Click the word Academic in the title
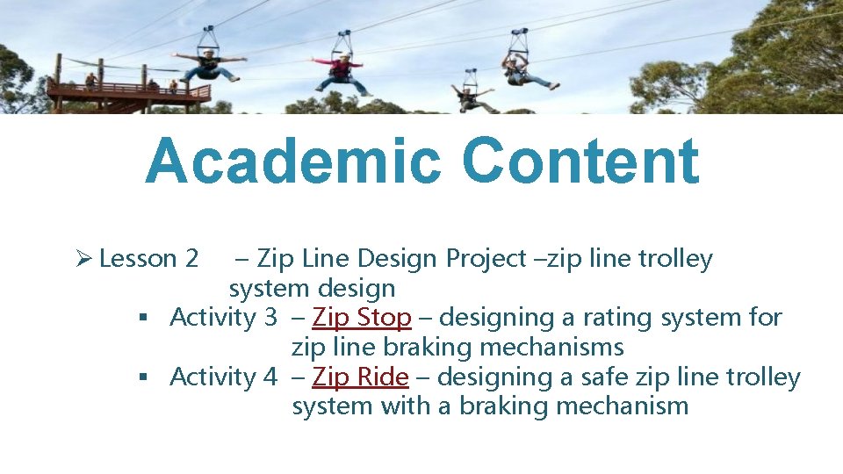click(x=295, y=162)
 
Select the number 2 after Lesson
click(x=191, y=259)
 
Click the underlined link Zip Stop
click(x=362, y=317)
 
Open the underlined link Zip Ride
click(x=360, y=377)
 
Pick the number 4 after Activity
click(x=270, y=377)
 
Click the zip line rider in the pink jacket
click(x=342, y=71)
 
